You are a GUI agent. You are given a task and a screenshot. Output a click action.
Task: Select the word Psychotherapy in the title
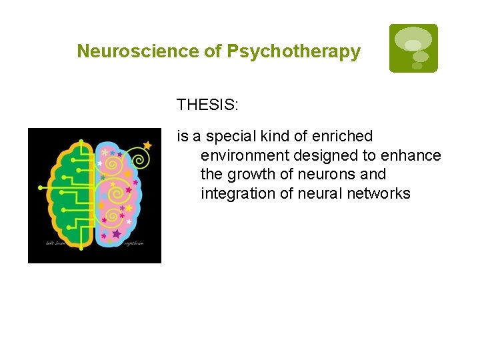294,51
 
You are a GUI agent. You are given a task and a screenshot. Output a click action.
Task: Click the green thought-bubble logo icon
413,48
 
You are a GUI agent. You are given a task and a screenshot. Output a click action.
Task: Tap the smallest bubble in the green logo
417,66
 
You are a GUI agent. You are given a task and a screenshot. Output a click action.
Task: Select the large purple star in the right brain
117,233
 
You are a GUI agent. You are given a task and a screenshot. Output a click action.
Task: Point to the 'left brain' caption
55,243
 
